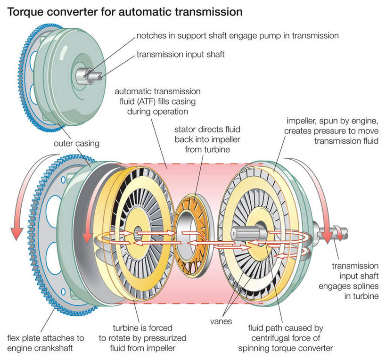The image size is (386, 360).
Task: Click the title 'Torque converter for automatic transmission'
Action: (124, 12)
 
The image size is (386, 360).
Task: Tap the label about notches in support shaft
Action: (238, 35)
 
